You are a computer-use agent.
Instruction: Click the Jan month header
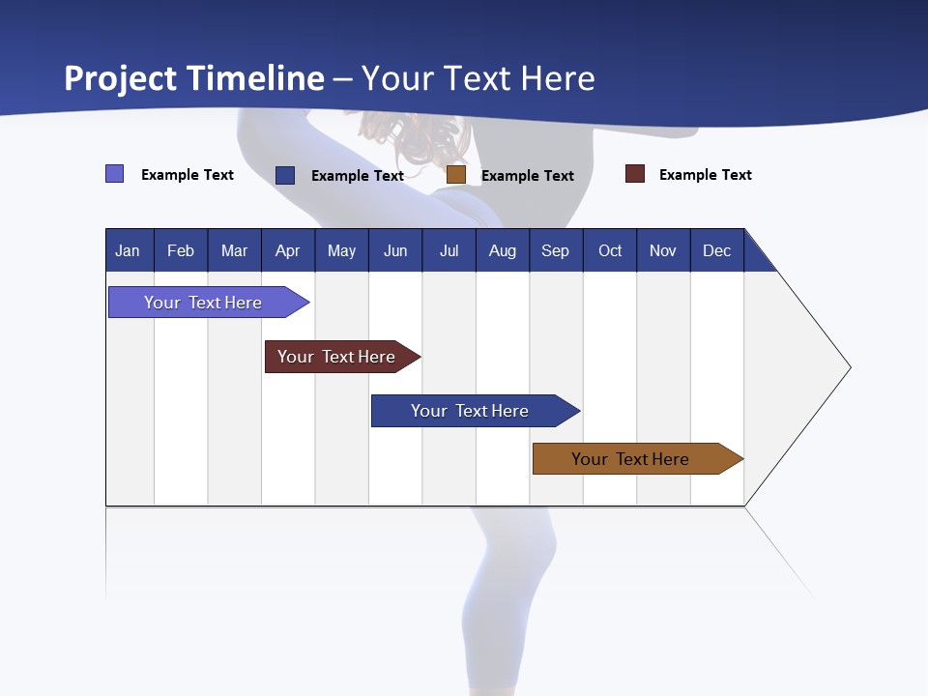(x=128, y=250)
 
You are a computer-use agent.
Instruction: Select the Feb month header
(x=181, y=250)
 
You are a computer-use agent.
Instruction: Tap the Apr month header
(x=287, y=250)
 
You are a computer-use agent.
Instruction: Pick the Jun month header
(x=395, y=250)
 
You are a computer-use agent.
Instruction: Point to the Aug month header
(x=502, y=250)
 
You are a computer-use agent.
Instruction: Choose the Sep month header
(x=555, y=250)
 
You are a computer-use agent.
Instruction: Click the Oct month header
(x=610, y=250)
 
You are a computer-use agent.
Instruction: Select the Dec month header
(x=716, y=250)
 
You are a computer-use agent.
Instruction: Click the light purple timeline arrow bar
(x=203, y=303)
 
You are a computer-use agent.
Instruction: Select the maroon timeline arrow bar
(x=336, y=357)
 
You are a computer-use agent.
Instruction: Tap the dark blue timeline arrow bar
(x=470, y=411)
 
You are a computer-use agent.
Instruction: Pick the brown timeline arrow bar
(x=630, y=459)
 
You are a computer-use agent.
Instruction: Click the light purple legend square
(x=114, y=174)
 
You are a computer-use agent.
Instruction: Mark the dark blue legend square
(x=285, y=175)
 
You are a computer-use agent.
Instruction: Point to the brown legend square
(x=456, y=175)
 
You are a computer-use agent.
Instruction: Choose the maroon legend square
(x=634, y=174)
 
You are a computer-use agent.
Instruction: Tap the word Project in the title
(x=122, y=78)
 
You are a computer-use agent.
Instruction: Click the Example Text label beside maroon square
(x=705, y=175)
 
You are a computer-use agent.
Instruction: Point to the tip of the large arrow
(x=849, y=367)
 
